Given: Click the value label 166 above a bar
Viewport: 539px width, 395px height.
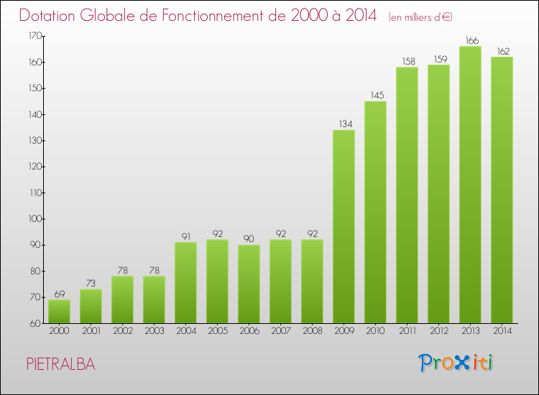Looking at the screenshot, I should tap(470, 41).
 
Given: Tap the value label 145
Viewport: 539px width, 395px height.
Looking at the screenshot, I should tap(375, 96).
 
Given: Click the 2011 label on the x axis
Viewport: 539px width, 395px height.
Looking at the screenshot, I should tap(407, 331).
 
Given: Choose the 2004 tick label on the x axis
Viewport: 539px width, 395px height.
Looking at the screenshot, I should tap(185, 331).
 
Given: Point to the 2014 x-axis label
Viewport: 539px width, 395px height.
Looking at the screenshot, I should tap(502, 331).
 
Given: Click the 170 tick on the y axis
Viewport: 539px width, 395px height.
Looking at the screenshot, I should tap(34, 36).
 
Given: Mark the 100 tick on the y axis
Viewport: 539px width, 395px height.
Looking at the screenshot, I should tap(34, 219).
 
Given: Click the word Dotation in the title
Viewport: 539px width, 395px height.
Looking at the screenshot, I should tap(51, 15).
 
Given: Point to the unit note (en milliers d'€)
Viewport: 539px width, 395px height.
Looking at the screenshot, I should tap(420, 17).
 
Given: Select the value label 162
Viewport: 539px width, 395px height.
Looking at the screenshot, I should tap(502, 51).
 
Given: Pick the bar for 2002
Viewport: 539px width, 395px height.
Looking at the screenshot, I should tap(122, 299).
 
